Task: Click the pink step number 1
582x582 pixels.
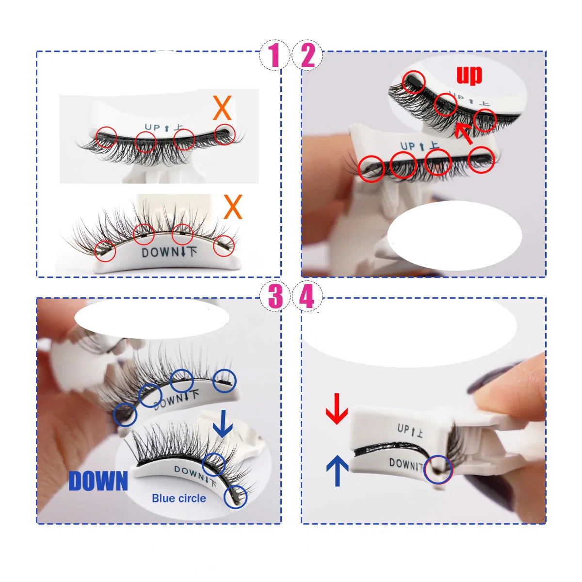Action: (x=275, y=55)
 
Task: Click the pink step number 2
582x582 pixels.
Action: (x=308, y=55)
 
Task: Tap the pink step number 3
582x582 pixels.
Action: (x=275, y=297)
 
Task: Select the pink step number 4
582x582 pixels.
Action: (x=307, y=297)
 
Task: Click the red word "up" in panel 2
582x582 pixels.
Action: (x=469, y=75)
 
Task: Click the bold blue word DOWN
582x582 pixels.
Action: (x=98, y=481)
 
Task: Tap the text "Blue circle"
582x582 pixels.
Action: (x=178, y=498)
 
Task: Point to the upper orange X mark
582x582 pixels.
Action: (x=222, y=108)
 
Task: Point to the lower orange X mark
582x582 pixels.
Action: (x=233, y=207)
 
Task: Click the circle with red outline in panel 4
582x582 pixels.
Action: (x=438, y=469)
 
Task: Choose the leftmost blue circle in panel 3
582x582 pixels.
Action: (x=126, y=415)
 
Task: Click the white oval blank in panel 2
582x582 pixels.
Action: (x=454, y=235)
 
